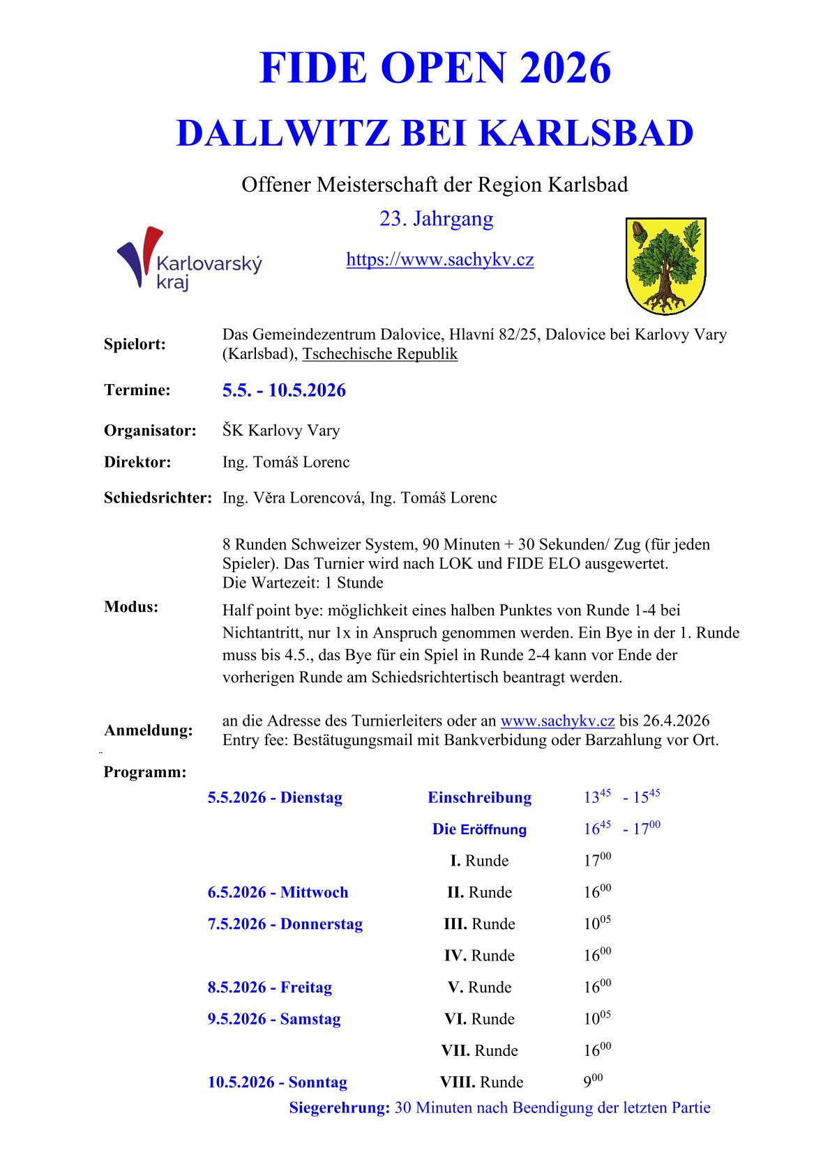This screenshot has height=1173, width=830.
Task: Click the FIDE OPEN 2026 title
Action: (435, 68)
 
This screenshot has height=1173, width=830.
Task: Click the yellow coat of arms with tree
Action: (665, 266)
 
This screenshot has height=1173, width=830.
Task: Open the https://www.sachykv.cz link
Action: (439, 260)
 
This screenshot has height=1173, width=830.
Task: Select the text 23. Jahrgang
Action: (436, 219)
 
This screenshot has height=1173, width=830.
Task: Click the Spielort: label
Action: (135, 344)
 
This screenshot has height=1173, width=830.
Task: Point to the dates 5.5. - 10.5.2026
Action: (284, 390)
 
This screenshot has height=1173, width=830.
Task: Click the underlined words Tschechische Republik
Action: (379, 354)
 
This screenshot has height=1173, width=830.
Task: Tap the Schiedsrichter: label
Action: (158, 498)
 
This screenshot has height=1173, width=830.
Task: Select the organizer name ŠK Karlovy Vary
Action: (281, 431)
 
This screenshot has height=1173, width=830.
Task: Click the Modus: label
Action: (131, 607)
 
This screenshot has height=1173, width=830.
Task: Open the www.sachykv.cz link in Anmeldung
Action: (557, 721)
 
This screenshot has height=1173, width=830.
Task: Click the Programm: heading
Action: (145, 772)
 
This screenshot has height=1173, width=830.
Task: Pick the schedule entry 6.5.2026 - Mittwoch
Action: (278, 892)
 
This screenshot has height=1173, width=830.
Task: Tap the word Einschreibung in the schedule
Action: (479, 797)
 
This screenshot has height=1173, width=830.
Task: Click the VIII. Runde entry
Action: (481, 1082)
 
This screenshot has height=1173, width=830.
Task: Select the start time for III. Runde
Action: (597, 923)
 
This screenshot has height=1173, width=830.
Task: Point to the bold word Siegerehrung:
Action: (339, 1107)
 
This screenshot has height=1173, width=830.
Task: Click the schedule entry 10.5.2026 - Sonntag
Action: (277, 1082)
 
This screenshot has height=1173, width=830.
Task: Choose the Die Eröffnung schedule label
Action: (479, 829)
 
